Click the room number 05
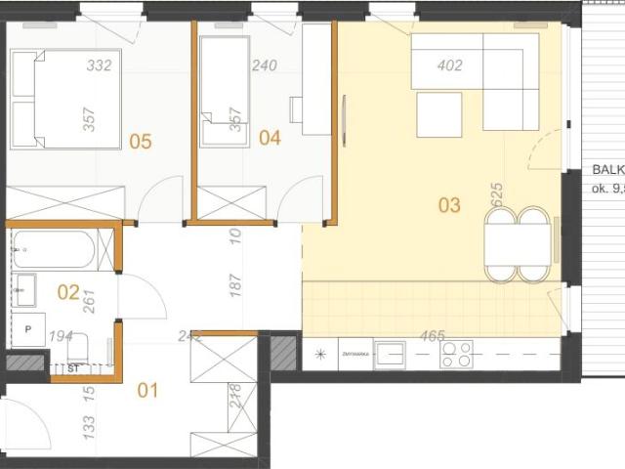coord(141,142)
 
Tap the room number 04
coord(270,138)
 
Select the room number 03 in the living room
coord(449,205)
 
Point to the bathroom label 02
coord(67,290)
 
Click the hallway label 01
coord(147,391)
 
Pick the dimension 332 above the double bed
coord(99,66)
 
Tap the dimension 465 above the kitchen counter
coord(432,336)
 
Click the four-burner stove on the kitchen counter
coord(457,354)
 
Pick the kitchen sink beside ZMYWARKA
coord(391,354)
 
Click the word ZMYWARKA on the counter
coord(354,354)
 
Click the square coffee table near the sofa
coord(438,115)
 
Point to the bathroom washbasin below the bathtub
coord(25,289)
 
